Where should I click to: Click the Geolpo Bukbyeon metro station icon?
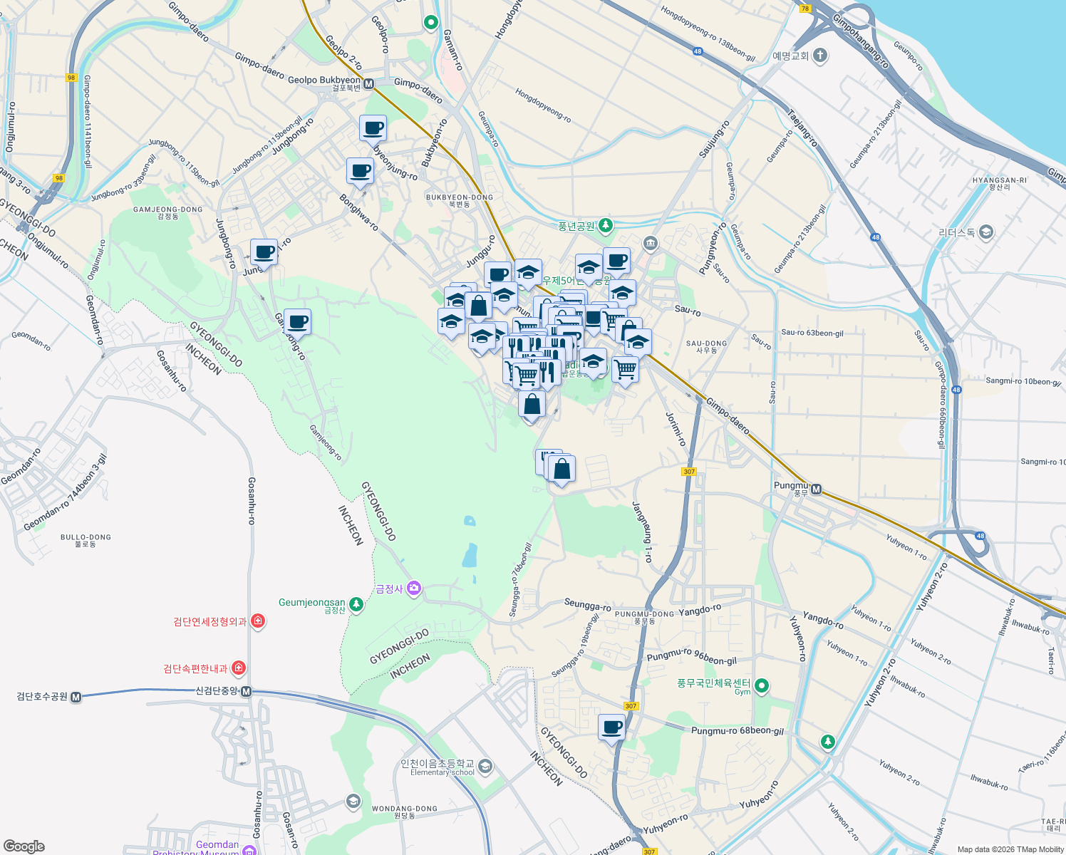[x=369, y=84]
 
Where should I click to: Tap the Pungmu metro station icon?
[x=817, y=489]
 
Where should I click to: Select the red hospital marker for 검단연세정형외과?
[x=258, y=621]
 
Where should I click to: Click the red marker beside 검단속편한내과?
[x=239, y=668]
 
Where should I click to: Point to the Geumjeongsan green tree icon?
[x=356, y=605]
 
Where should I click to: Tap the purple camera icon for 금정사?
[x=414, y=589]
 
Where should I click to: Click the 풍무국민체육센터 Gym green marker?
[x=762, y=686]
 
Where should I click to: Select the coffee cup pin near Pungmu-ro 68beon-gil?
[x=611, y=728]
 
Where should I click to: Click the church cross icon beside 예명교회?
[x=820, y=55]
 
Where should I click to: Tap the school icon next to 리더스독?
[x=986, y=232]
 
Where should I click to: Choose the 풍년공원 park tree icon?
[x=606, y=226]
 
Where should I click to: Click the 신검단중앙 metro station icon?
[x=246, y=691]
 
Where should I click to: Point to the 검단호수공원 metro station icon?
[x=76, y=697]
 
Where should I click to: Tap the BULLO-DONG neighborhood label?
[x=86, y=540]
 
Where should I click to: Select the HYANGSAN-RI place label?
[x=999, y=183]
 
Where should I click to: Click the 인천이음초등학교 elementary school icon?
[x=485, y=767]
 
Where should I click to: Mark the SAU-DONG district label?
[x=706, y=346]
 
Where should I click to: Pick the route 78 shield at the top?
[x=805, y=9]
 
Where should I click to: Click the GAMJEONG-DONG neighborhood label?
[x=167, y=212]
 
